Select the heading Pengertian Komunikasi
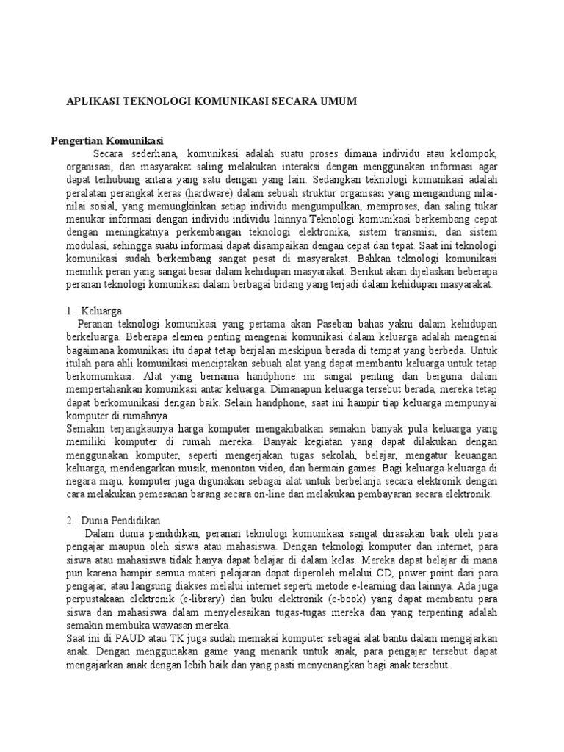pos(107,140)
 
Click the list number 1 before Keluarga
pos(69,311)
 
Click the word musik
pos(203,469)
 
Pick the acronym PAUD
pos(118,639)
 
